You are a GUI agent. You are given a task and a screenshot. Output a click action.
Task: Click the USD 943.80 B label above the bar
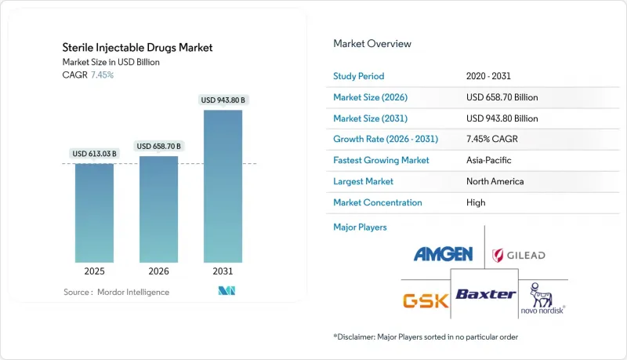coord(223,100)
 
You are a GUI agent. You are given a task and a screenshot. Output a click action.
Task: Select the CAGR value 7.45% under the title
coord(103,75)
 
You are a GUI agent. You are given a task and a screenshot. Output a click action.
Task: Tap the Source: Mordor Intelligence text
coord(116,292)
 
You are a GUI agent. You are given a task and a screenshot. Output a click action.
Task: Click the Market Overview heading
coord(371,44)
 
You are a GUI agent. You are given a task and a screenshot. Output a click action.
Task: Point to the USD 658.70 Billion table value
coord(502,97)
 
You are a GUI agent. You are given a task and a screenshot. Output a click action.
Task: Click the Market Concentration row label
coord(378,202)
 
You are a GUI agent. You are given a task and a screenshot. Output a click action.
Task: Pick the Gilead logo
coord(518,256)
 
